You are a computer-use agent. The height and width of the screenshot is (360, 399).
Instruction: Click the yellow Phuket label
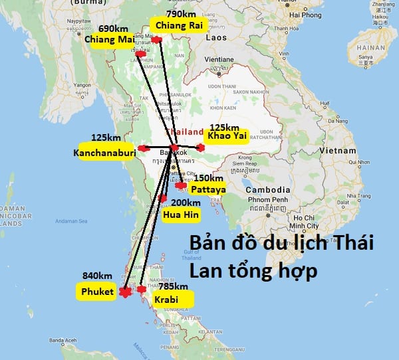point(97,291)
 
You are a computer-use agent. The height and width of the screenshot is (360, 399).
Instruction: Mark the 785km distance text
point(170,287)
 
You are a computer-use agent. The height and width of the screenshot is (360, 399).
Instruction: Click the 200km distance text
point(185,203)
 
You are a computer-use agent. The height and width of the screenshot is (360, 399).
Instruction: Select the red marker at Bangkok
point(174,147)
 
